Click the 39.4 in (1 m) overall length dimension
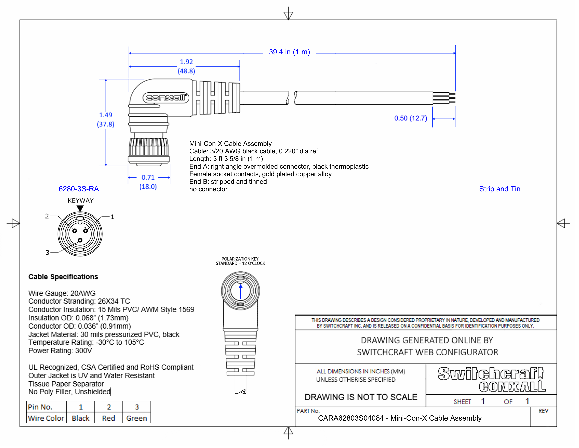289,52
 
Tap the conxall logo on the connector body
166,98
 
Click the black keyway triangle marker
80,208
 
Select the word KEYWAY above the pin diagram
80,201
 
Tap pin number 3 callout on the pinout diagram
47,252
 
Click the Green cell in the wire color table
137,418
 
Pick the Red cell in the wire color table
108,418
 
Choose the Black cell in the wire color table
80,418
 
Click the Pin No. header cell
40,407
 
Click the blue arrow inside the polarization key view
240,291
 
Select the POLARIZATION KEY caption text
240,259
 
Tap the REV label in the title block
543,411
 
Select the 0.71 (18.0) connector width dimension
148,182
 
